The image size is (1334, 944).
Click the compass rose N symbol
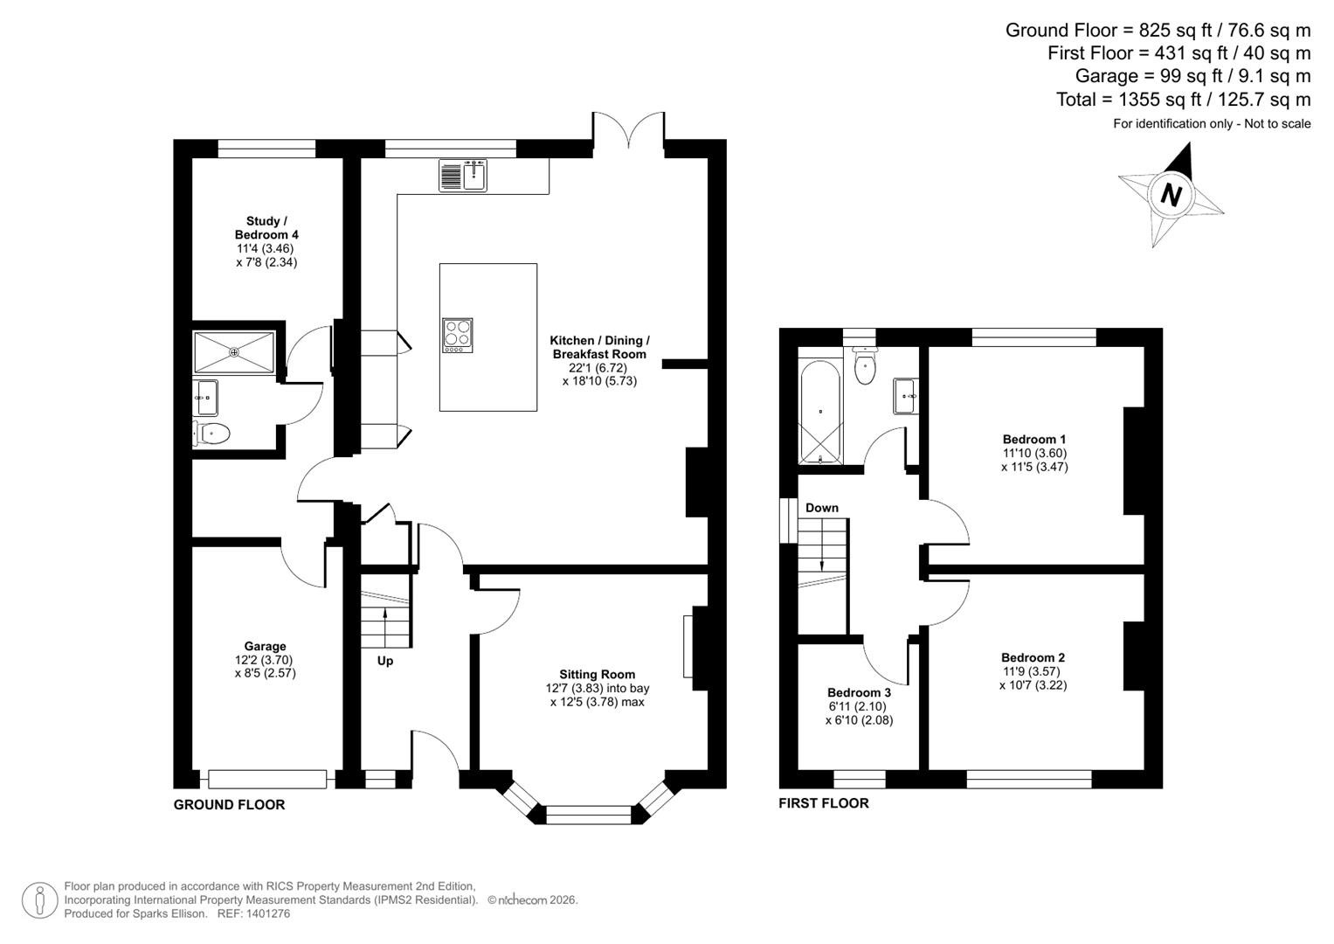[x=1171, y=194]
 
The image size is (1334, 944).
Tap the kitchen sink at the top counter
[x=463, y=176]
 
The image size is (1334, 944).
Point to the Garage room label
[x=265, y=647]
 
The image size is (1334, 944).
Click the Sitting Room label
[x=597, y=674]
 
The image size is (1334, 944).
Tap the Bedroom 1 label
[x=1033, y=439]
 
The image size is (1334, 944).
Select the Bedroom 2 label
[x=1033, y=657]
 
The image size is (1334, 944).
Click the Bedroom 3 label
[x=859, y=692]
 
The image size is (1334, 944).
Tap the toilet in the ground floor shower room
[x=211, y=433]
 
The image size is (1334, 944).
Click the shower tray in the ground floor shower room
[x=234, y=351]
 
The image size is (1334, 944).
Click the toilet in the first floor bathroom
[x=864, y=365]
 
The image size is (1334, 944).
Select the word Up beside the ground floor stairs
[x=385, y=661]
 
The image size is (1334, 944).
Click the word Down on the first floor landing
[x=821, y=508]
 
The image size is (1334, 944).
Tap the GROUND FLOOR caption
[x=229, y=804]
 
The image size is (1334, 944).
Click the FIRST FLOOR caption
[x=823, y=802]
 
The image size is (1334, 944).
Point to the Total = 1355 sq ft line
[x=1183, y=100]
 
